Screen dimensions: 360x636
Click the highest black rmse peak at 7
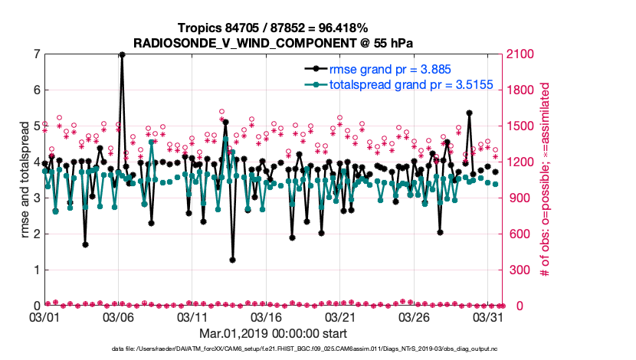pyautogui.click(x=122, y=54)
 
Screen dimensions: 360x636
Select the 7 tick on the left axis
pyautogui.click(x=36, y=54)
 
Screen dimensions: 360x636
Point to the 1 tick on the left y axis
pyautogui.click(x=36, y=270)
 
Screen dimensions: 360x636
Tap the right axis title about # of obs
pyautogui.click(x=546, y=180)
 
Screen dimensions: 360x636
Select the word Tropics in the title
pyautogui.click(x=196, y=28)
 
